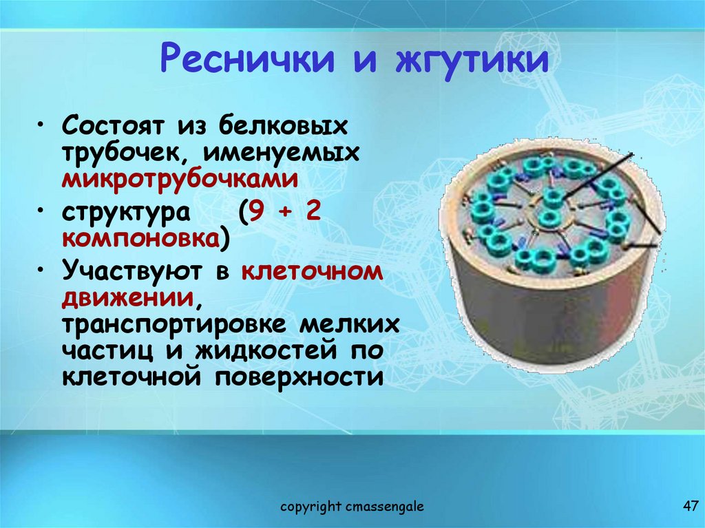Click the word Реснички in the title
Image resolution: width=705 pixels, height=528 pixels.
click(x=246, y=60)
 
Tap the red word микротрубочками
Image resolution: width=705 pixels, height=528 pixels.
click(x=180, y=178)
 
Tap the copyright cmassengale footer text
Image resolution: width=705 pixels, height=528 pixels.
click(x=352, y=507)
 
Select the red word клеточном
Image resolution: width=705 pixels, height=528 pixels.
click(x=311, y=271)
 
